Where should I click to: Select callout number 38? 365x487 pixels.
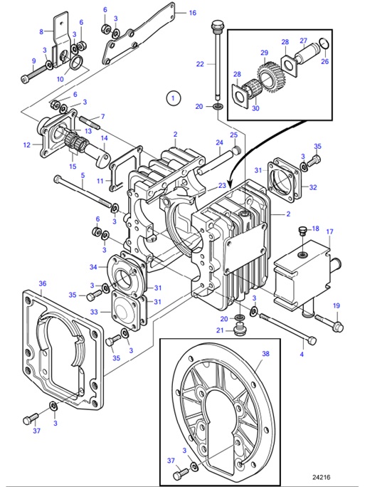tap(265, 353)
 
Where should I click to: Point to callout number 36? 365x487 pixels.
tap(42, 283)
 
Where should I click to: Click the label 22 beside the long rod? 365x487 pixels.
tap(201, 63)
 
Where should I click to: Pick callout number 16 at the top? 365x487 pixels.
tap(192, 13)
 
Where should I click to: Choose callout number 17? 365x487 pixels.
tap(329, 231)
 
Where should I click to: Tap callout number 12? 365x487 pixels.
tap(27, 145)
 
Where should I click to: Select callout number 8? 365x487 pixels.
tap(41, 31)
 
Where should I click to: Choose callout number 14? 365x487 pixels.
tap(103, 138)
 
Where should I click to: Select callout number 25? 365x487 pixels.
tap(233, 135)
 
